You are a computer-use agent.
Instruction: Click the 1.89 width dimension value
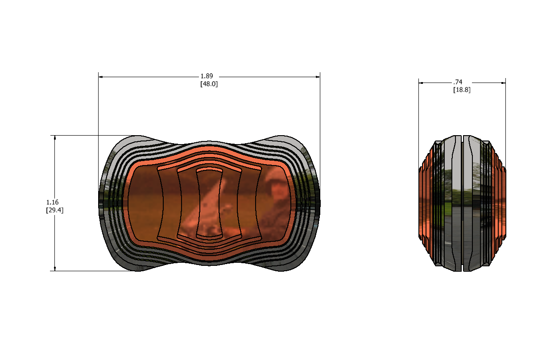pos(207,76)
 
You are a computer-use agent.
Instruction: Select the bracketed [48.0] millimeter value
pos(209,84)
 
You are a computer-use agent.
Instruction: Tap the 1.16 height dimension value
pos(52,202)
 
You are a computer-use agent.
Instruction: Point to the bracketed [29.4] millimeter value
pos(54,210)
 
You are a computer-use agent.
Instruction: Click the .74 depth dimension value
pos(458,82)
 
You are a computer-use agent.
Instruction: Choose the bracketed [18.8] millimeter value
pos(462,90)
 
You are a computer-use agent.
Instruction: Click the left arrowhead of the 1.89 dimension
pos(100,77)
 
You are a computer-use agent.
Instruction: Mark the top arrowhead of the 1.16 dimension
pos(55,138)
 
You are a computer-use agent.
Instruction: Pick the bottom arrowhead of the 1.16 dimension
pos(55,269)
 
